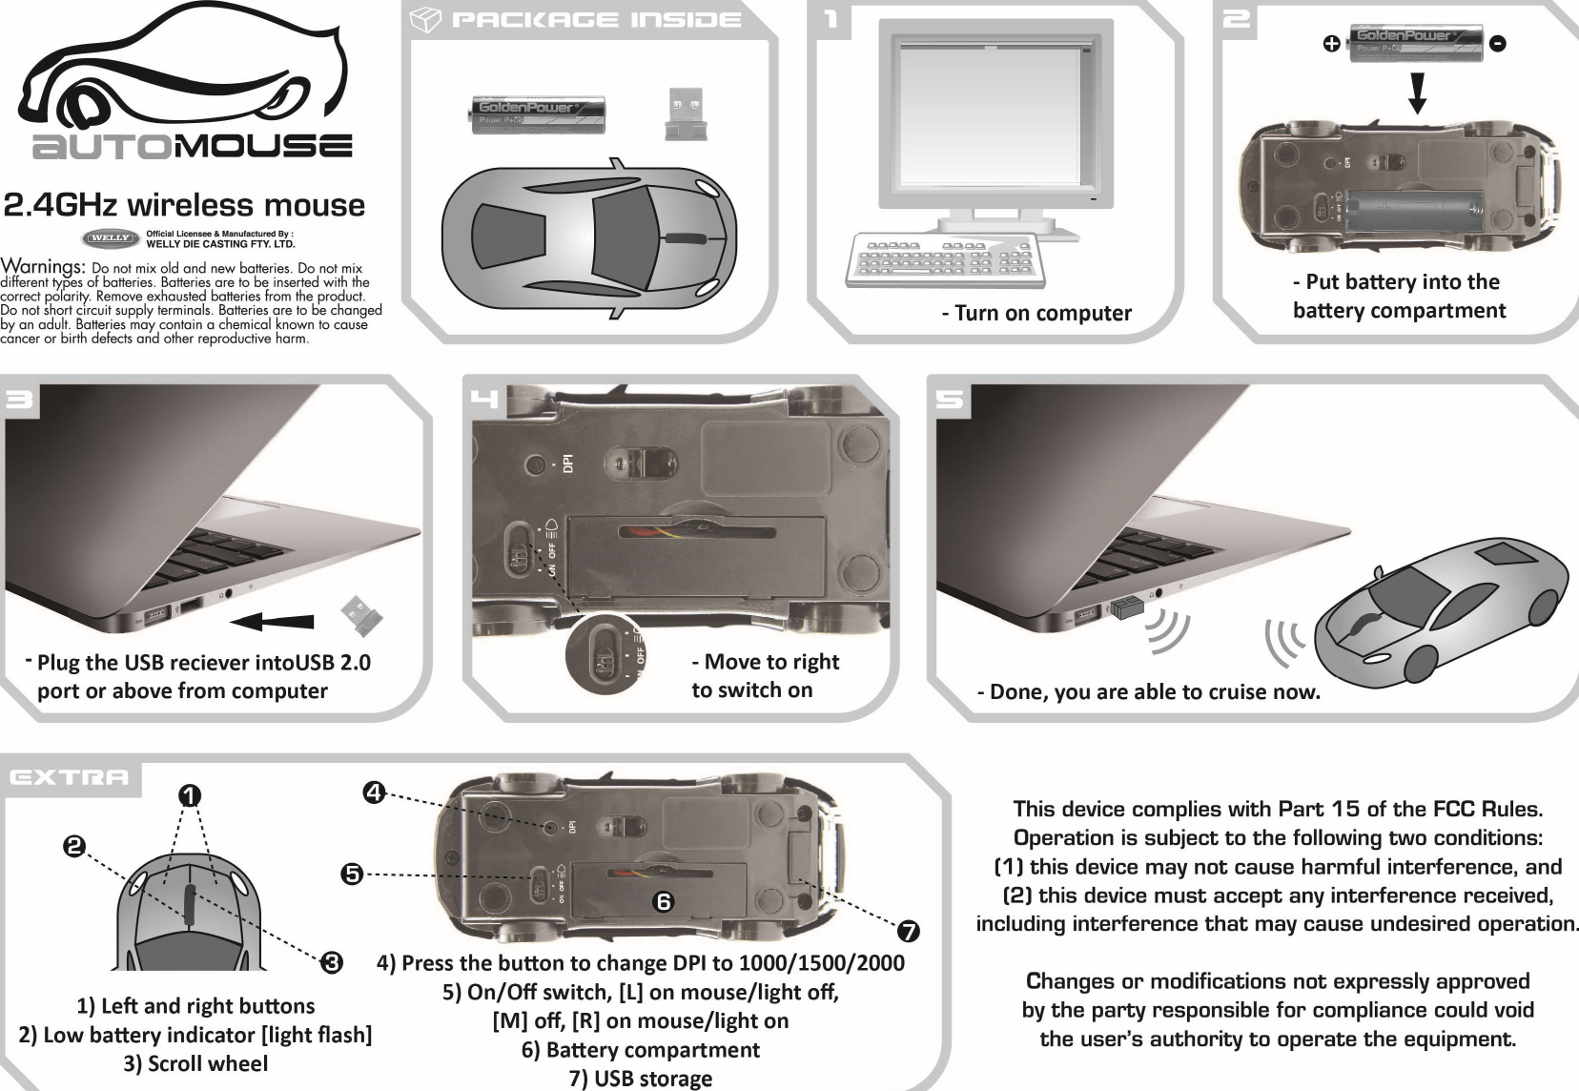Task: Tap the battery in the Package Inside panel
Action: point(539,113)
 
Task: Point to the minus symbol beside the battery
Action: point(1498,44)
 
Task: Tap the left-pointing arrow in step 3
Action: point(274,621)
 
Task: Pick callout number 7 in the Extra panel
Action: point(909,929)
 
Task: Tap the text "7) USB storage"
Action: point(640,1079)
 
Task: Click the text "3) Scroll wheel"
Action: point(195,1063)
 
